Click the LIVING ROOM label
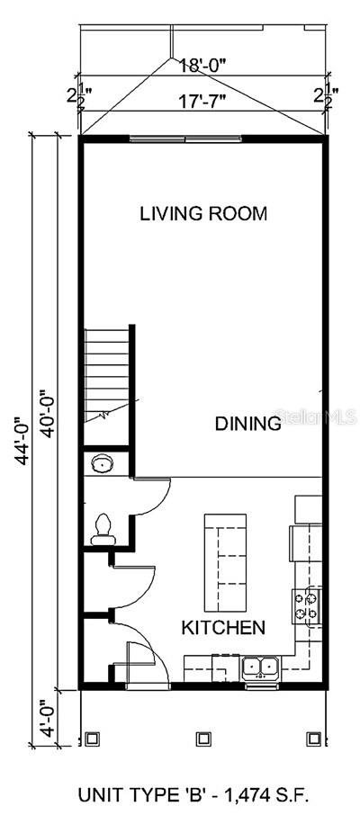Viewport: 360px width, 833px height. pos(203,214)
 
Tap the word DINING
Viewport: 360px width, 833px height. pos(247,425)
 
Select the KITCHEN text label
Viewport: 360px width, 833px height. pos(222,627)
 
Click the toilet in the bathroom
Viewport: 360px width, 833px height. pos(101,526)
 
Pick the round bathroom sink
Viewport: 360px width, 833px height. pos(102,464)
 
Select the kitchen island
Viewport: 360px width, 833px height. pos(225,560)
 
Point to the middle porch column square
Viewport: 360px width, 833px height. pos(203,738)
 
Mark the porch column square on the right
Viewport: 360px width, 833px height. pos(313,738)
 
